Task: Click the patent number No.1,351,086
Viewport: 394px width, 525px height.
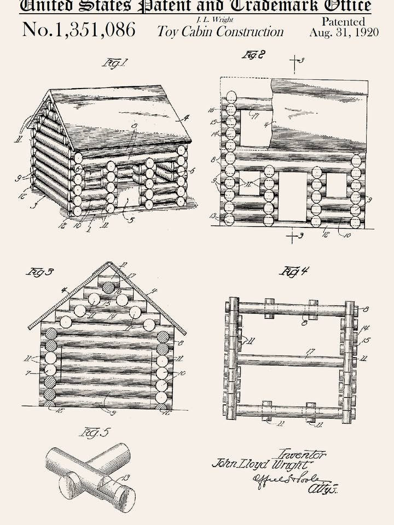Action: [79, 30]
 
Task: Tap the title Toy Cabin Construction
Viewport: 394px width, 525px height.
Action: [221, 31]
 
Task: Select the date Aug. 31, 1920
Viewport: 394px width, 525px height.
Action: [344, 32]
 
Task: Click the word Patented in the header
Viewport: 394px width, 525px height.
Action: [344, 21]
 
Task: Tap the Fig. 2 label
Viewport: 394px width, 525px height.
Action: [253, 55]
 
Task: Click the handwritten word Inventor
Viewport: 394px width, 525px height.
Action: [302, 454]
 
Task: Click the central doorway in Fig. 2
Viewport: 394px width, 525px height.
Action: [293, 197]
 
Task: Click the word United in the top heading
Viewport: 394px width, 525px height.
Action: [47, 6]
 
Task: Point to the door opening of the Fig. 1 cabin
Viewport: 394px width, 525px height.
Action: [129, 196]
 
